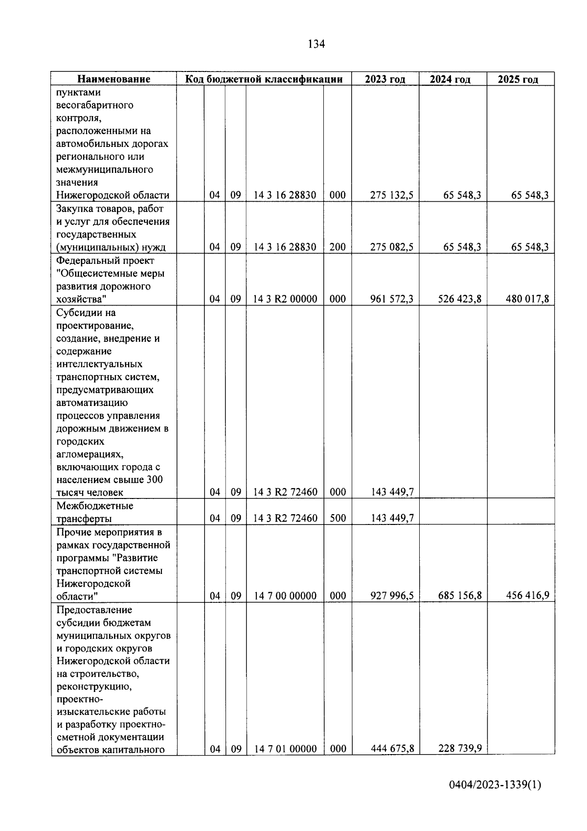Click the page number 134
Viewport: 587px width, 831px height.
click(316, 45)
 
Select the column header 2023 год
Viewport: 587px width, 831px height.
click(385, 79)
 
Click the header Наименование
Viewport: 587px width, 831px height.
click(113, 79)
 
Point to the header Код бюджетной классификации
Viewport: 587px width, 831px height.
click(264, 79)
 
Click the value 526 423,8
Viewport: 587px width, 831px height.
click(459, 299)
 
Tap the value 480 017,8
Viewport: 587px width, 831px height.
click(527, 299)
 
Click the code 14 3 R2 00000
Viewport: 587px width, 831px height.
click(285, 299)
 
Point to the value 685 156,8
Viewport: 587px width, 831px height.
click(459, 595)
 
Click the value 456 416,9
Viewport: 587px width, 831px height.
click(527, 595)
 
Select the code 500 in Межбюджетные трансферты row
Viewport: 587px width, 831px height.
click(338, 518)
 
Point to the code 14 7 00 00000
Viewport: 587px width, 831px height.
click(285, 595)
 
